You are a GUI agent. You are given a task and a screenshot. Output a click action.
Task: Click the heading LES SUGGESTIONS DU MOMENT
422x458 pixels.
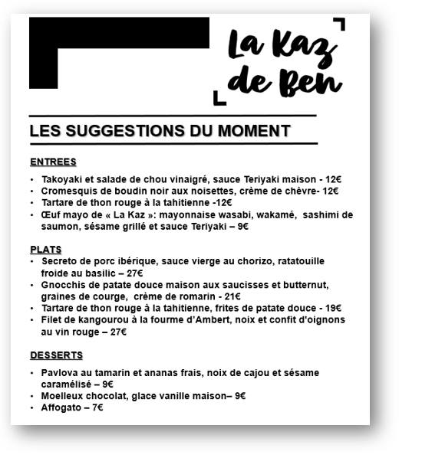(x=160, y=131)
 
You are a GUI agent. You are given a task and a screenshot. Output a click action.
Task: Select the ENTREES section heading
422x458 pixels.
(x=53, y=162)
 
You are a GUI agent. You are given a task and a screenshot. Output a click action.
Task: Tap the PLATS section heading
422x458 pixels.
(x=46, y=250)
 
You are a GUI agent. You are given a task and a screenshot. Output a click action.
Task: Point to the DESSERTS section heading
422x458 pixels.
(x=56, y=355)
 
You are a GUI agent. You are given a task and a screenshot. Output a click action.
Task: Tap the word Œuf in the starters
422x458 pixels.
(x=51, y=214)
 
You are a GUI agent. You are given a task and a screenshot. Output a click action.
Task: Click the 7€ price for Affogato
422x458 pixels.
(x=97, y=407)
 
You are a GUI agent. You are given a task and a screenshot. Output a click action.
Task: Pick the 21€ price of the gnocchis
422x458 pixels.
(x=231, y=296)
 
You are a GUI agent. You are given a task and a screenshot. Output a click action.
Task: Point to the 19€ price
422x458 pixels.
(x=332, y=308)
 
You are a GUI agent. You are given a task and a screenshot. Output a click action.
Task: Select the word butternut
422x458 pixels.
(x=304, y=285)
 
